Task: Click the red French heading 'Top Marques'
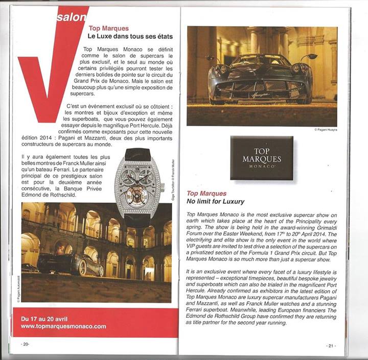pyautogui.click(x=108, y=29)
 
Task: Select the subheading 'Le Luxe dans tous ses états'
pyautogui.click(x=130, y=37)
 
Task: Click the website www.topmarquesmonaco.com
pyautogui.click(x=63, y=326)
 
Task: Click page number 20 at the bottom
pyautogui.click(x=26, y=344)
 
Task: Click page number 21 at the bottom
pyautogui.click(x=331, y=346)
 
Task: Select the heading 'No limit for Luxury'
pyautogui.click(x=215, y=202)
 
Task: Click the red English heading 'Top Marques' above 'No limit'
pyautogui.click(x=206, y=194)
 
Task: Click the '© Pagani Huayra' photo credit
pyautogui.click(x=325, y=130)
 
